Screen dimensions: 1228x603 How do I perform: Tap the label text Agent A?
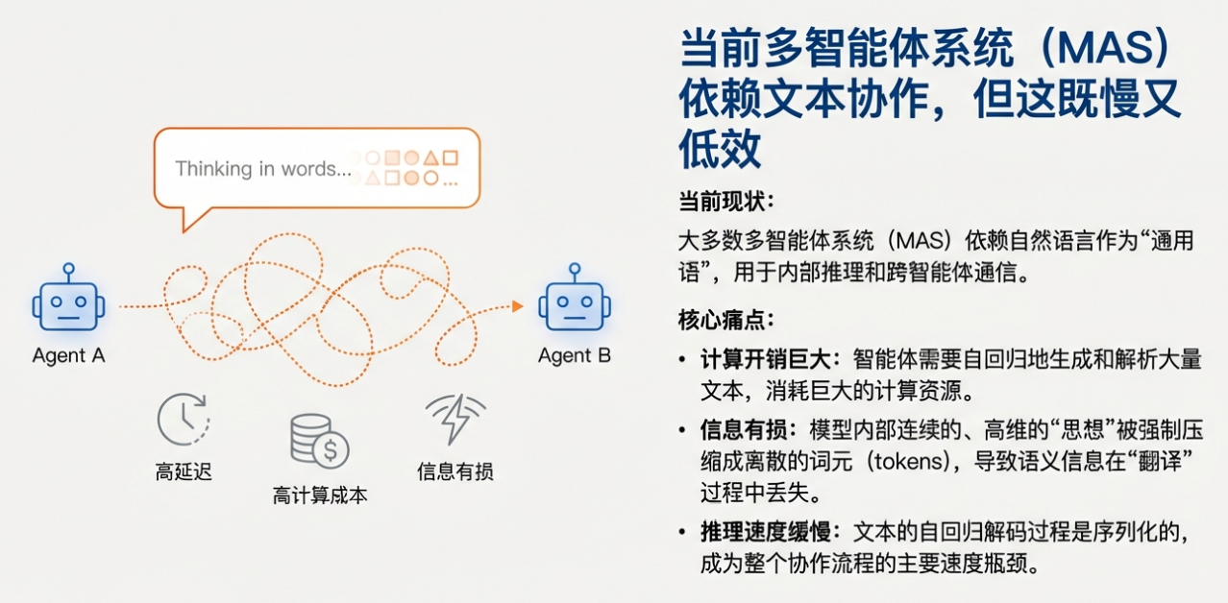68,356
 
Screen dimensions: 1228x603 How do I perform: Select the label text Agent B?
575,356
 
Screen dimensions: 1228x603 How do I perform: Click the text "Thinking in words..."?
263,169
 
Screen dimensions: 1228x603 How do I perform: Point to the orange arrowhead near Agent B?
517,306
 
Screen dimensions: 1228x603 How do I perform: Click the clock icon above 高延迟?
184,419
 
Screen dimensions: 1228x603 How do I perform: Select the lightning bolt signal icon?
455,419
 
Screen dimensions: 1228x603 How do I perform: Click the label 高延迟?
184,471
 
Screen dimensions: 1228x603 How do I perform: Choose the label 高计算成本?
320,495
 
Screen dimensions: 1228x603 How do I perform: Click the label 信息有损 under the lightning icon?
455,471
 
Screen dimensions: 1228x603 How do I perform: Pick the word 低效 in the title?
721,149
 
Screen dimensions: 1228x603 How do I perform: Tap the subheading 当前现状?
726,202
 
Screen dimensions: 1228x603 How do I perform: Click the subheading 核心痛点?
726,321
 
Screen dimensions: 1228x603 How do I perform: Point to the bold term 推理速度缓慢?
766,532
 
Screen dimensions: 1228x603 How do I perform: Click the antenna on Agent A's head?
68,272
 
